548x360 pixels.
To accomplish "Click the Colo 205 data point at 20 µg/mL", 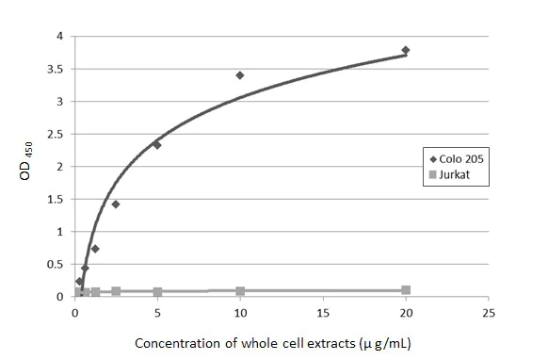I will tap(406, 50).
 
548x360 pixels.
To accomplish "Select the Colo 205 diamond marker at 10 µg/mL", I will tap(240, 75).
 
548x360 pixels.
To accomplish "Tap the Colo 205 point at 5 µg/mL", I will tap(157, 144).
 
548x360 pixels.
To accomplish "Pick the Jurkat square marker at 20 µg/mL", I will tap(406, 290).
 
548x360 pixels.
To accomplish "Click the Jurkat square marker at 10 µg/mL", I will tap(240, 291).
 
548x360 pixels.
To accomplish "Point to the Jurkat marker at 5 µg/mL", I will tap(157, 292).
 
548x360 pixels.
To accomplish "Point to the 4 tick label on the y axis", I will tap(58, 37).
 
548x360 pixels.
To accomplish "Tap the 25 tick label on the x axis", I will tap(488, 313).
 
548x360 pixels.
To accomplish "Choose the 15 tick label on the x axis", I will tap(323, 313).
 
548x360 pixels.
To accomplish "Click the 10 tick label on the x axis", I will tap(240, 313).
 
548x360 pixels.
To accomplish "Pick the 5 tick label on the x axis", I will tap(157, 313).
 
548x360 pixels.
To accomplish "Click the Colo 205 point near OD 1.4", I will tap(116, 204).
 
